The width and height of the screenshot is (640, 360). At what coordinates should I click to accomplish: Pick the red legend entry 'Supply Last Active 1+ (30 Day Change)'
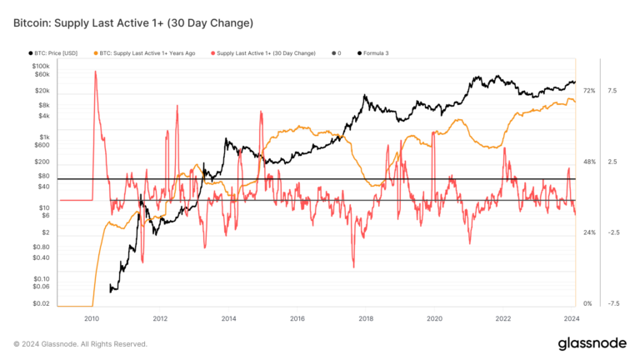pos(265,52)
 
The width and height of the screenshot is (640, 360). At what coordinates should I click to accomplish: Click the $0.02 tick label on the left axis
pos(41,303)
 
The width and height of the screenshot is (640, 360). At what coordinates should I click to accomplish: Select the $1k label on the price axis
pos(43,137)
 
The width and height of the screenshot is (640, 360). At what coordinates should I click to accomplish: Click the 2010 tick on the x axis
pos(92,318)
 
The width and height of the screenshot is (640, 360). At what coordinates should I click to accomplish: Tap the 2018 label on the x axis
pos(365,318)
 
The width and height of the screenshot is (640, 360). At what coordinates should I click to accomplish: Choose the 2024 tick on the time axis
pos(572,318)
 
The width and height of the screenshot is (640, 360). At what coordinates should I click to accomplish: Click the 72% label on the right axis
pos(588,90)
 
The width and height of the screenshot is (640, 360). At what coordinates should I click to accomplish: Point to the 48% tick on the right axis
pos(588,162)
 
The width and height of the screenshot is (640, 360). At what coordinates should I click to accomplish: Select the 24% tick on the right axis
pos(588,232)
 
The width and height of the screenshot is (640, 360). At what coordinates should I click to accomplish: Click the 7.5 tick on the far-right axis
pos(612,90)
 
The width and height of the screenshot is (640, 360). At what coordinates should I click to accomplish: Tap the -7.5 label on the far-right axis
pos(612,303)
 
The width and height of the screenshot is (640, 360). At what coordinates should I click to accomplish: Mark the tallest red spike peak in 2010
pos(95,72)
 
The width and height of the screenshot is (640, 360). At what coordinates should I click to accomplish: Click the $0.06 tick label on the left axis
pos(41,286)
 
